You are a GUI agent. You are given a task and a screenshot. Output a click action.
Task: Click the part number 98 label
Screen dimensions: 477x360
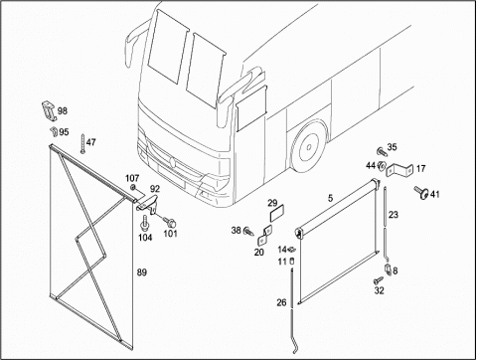pyautogui.click(x=63, y=110)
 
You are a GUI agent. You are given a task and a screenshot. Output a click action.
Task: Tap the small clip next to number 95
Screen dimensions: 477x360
pyautogui.click(x=54, y=131)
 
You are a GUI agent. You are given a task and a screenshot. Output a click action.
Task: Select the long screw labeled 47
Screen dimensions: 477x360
pyautogui.click(x=81, y=144)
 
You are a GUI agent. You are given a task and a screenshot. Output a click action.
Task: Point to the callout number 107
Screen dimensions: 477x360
pyautogui.click(x=132, y=179)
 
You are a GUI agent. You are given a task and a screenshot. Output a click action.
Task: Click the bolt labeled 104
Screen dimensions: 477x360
pyautogui.click(x=144, y=223)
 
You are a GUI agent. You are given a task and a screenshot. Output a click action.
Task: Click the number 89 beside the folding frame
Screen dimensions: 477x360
pyautogui.click(x=141, y=272)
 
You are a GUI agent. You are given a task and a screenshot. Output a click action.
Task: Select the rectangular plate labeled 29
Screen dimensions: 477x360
pyautogui.click(x=277, y=214)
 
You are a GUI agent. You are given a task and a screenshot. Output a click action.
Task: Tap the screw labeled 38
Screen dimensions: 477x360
pyautogui.click(x=248, y=231)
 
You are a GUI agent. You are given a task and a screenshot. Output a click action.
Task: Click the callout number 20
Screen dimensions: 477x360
pyautogui.click(x=259, y=253)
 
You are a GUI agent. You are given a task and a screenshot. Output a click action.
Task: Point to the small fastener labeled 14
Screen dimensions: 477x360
pyautogui.click(x=291, y=249)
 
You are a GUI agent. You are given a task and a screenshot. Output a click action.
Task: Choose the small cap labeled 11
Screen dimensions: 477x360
pyautogui.click(x=292, y=261)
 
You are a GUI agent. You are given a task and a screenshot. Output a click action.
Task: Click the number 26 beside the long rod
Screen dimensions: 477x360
pyautogui.click(x=281, y=302)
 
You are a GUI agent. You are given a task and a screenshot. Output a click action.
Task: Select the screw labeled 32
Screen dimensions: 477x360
pyautogui.click(x=378, y=280)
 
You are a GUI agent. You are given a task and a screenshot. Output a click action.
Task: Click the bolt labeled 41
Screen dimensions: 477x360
pyautogui.click(x=421, y=192)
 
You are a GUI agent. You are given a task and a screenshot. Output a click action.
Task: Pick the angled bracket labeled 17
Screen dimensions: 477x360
pyautogui.click(x=399, y=169)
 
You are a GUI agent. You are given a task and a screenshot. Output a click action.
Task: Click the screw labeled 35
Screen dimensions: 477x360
pyautogui.click(x=382, y=152)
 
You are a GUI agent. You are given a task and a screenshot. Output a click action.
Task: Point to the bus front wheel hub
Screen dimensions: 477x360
pyautogui.click(x=308, y=146)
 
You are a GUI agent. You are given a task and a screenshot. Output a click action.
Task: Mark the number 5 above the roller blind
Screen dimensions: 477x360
pyautogui.click(x=330, y=198)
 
